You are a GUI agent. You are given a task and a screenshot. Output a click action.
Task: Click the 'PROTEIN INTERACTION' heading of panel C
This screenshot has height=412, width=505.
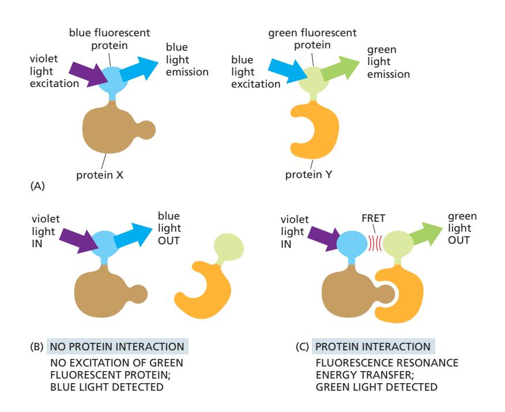pyautogui.click(x=373, y=347)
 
